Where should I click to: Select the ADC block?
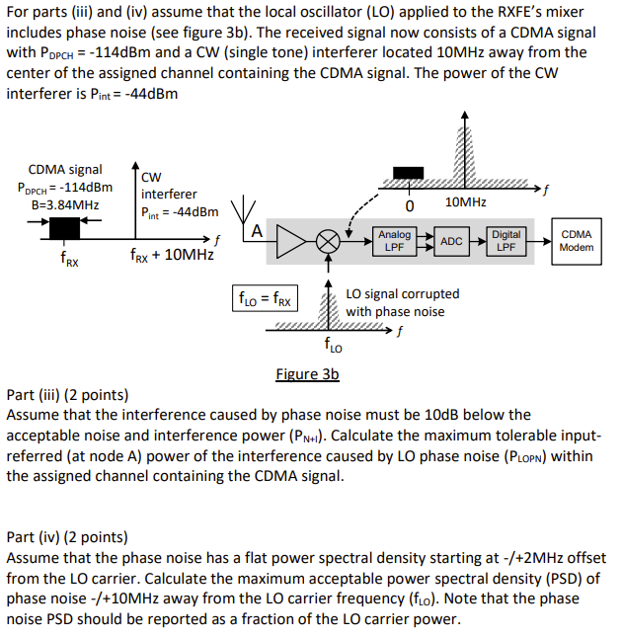[x=451, y=241]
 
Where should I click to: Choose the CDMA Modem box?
[x=576, y=241]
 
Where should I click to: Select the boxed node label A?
[x=256, y=232]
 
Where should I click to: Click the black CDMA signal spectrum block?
[x=65, y=228]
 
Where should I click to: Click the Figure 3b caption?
[x=306, y=374]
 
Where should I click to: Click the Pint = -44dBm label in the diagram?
[x=179, y=211]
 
